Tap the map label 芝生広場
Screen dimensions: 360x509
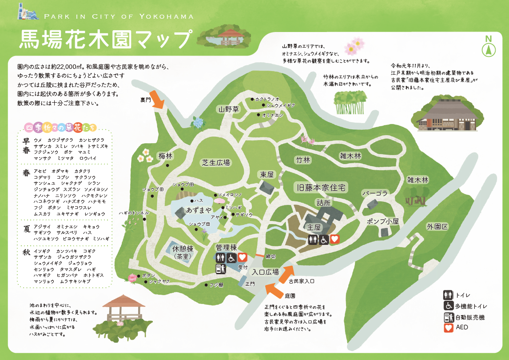tap(216, 163)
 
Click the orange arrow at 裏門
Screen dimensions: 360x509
tap(158, 102)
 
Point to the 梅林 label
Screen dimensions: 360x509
tap(165, 156)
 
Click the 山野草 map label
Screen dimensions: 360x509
tap(229, 109)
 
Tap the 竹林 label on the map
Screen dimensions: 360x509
tap(302, 160)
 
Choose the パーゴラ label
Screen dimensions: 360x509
tap(375, 193)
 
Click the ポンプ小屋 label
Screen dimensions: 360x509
tap(383, 221)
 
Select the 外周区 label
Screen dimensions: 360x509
tap(437, 226)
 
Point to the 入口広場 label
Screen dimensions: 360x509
tap(265, 272)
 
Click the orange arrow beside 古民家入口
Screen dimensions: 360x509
tap(286, 273)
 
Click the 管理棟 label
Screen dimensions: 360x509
tap(226, 247)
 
